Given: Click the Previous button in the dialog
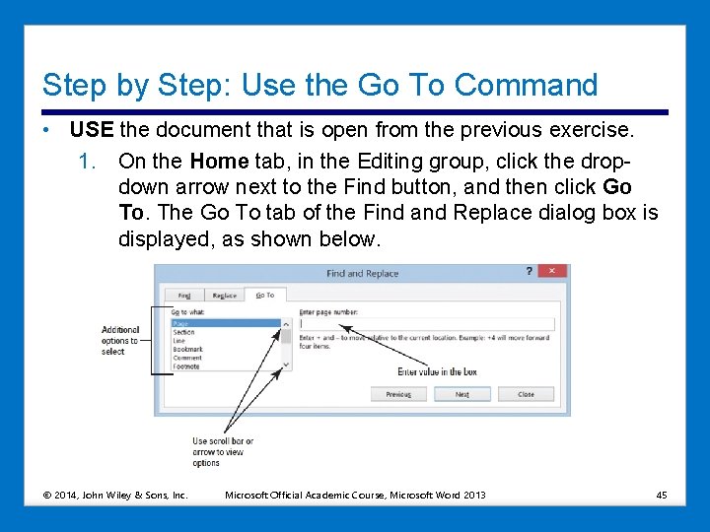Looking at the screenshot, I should pyautogui.click(x=398, y=394).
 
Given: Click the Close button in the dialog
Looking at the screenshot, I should pyautogui.click(x=526, y=394).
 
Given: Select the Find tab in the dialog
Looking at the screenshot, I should pyautogui.click(x=184, y=295).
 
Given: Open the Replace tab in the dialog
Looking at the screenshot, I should pyautogui.click(x=224, y=295).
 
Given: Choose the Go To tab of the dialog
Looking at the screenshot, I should pyautogui.click(x=264, y=295).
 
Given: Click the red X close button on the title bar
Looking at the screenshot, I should pyautogui.click(x=552, y=271).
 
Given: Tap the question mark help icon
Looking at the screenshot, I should pyautogui.click(x=530, y=271).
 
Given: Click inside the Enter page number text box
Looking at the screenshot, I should pyautogui.click(x=426, y=323).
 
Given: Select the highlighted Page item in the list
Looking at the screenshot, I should pyautogui.click(x=225, y=323).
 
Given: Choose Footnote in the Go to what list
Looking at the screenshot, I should pyautogui.click(x=186, y=366).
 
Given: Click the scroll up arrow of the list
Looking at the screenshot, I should pyautogui.click(x=286, y=323).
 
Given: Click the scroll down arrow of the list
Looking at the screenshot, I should pyautogui.click(x=286, y=366).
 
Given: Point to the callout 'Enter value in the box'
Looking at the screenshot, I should pyautogui.click(x=437, y=371).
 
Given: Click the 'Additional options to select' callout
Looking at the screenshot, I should pyautogui.click(x=120, y=341).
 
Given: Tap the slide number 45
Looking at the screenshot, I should pyautogui.click(x=661, y=495).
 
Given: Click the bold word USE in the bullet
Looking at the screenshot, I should pyautogui.click(x=92, y=130).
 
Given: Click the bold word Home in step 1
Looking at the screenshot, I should pyautogui.click(x=219, y=160).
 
